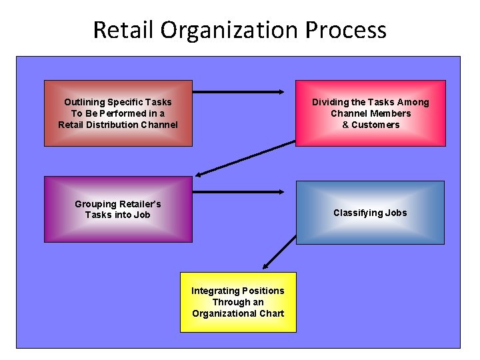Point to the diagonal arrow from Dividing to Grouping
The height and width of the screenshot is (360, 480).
[245, 159]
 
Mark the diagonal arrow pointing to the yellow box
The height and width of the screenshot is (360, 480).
[280, 251]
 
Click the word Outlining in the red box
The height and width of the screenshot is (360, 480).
[85, 102]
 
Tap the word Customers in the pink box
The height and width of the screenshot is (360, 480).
[375, 125]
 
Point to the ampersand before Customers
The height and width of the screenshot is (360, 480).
[345, 125]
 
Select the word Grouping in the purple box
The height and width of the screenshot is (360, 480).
[95, 203]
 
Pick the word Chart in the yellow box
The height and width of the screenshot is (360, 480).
[271, 313]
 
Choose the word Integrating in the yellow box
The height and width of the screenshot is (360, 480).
[215, 291]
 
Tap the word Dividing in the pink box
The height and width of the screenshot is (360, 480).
[331, 102]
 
